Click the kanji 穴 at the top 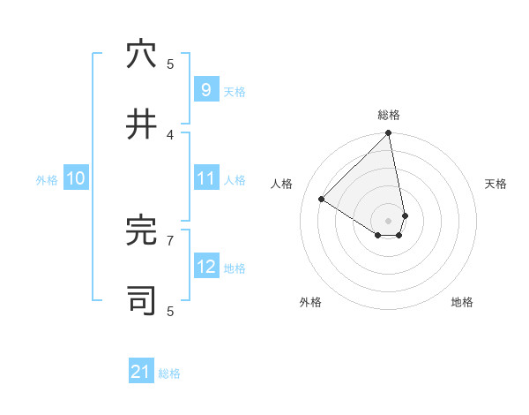141,55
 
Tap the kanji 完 141,230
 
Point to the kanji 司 141,300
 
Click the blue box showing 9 205,90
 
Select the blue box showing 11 205,178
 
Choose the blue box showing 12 205,267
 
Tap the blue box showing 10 76,178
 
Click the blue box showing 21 141,372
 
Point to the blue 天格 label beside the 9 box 235,91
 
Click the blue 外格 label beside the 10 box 47,179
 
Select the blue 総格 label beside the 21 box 169,373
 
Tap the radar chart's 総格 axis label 389,115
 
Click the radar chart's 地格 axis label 462,302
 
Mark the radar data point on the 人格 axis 322,200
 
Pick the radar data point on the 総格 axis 389,134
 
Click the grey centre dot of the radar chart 388,221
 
